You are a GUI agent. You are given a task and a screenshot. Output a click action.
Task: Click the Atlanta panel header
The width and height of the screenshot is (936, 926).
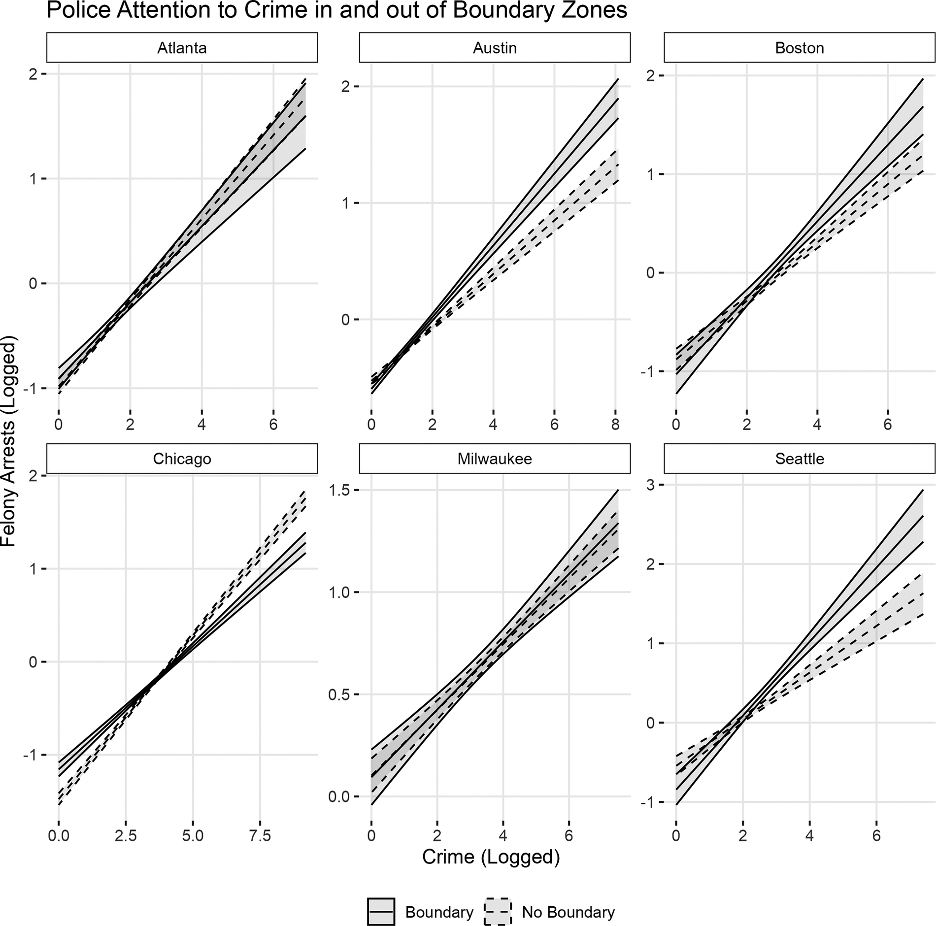coord(182,48)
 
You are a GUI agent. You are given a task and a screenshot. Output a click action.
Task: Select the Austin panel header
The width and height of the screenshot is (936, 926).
coord(495,48)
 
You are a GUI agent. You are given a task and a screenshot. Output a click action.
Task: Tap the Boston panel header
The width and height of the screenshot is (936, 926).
coord(799,48)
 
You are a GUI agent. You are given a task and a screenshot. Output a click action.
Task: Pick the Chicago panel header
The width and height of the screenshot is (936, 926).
coord(182,459)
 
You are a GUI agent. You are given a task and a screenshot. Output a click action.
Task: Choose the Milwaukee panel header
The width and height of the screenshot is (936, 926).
coord(495,459)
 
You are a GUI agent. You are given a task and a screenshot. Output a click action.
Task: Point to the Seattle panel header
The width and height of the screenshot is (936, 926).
coord(799,459)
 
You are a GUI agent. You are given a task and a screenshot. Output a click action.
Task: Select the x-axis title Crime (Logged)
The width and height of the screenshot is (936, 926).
coord(491,857)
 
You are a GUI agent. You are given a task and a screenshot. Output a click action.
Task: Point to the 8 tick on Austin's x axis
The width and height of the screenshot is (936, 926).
coord(615,425)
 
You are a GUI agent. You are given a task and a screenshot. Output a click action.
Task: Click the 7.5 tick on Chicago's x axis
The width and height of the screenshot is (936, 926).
coord(260,836)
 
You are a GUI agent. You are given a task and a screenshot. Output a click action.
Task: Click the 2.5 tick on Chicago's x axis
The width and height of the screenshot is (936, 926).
coord(126,836)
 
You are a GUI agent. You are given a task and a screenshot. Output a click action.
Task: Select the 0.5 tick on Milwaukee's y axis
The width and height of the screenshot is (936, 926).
coord(340,694)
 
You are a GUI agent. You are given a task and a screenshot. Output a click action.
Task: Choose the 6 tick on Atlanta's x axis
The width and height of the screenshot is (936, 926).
coord(273,425)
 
